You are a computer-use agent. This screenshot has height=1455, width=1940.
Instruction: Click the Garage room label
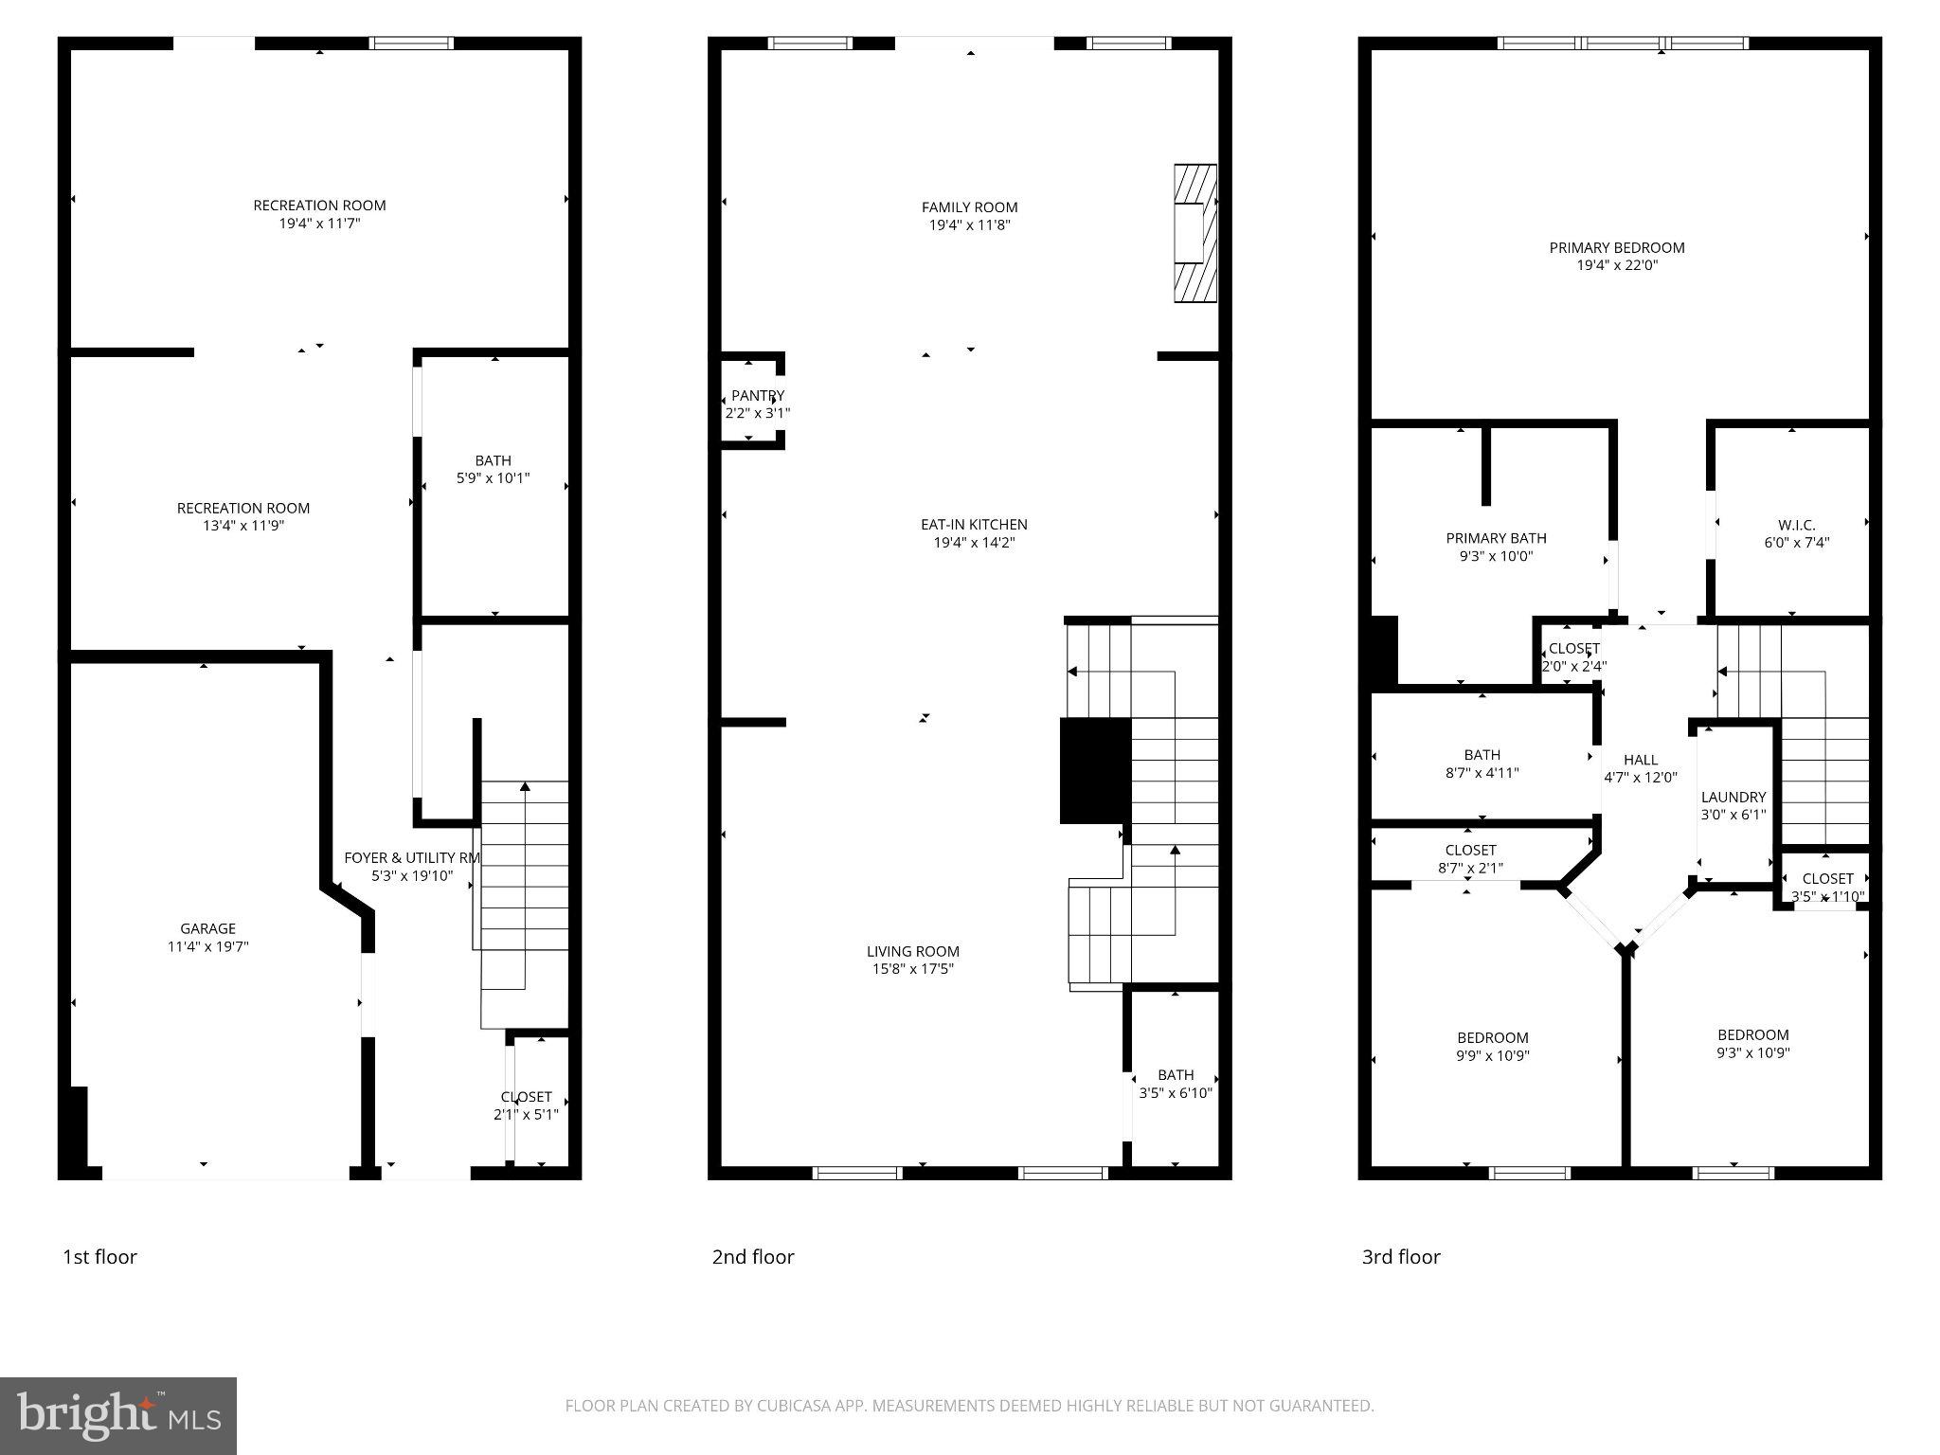click(x=207, y=928)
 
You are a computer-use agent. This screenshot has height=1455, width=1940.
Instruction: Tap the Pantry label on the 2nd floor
click(x=758, y=395)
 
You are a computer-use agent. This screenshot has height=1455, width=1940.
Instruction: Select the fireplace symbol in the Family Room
click(x=1195, y=233)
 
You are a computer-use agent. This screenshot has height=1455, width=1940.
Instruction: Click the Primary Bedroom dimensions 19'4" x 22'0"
click(x=1617, y=266)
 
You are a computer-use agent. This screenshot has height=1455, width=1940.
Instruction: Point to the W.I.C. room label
click(x=1796, y=525)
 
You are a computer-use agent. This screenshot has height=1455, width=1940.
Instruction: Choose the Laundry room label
click(x=1733, y=797)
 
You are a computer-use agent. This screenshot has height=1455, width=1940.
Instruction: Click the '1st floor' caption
click(x=99, y=1257)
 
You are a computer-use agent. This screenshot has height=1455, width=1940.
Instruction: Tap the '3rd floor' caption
click(x=1400, y=1257)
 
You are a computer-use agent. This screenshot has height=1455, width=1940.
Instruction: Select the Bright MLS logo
click(x=118, y=1416)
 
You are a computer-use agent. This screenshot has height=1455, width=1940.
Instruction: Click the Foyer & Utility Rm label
click(x=411, y=857)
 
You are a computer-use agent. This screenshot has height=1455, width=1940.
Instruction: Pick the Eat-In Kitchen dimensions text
click(x=974, y=543)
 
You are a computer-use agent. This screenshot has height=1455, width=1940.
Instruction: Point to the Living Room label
click(x=912, y=951)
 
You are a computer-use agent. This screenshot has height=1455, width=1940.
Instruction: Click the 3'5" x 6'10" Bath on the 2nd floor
click(x=1176, y=1084)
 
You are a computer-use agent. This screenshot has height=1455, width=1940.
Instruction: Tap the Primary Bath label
click(x=1496, y=538)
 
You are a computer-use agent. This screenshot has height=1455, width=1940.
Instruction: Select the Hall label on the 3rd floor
click(x=1640, y=760)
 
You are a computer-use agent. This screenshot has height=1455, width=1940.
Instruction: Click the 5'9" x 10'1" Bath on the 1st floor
click(x=493, y=469)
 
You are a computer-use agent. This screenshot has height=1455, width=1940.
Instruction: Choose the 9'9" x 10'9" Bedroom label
click(x=1492, y=1037)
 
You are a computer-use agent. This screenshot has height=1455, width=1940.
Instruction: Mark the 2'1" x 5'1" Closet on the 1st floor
click(x=526, y=1105)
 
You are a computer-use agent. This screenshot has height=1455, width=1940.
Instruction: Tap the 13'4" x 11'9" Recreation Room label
click(x=243, y=509)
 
